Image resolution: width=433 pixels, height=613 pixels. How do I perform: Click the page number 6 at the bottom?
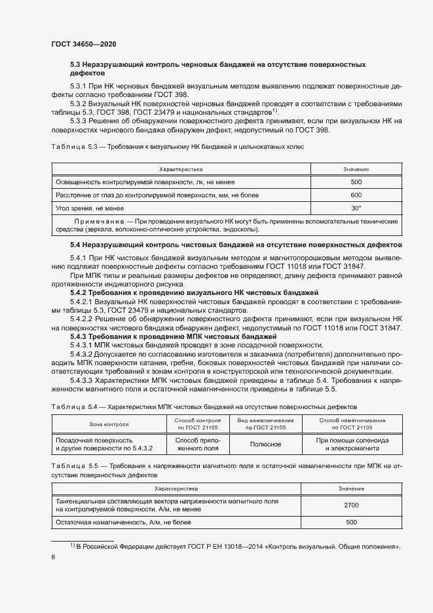point(53,557)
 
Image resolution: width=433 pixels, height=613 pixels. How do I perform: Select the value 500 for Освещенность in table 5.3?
point(356,182)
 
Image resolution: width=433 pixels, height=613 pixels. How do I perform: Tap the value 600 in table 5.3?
point(356,195)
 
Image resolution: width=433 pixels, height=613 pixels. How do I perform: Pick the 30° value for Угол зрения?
point(356,208)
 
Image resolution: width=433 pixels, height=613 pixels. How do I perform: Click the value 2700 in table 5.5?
point(350,505)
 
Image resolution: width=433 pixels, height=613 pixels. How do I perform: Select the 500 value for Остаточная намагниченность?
point(350,523)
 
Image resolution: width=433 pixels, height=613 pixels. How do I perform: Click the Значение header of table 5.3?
point(356,169)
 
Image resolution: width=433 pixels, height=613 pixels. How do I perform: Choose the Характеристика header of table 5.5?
point(176,488)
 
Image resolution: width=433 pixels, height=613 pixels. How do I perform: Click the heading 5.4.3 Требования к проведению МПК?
point(173,336)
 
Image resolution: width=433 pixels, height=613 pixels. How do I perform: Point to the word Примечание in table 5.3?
point(103,221)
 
